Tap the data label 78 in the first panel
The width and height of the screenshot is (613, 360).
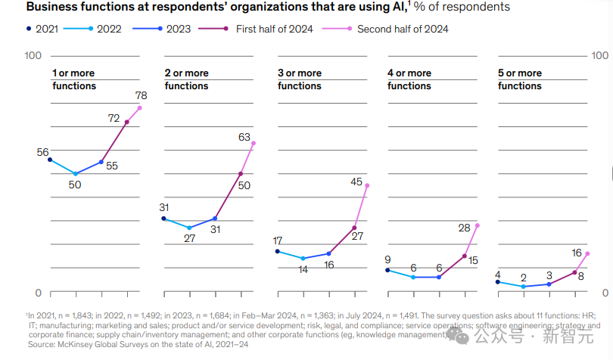pos(141,95)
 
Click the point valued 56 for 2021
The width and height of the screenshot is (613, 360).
pos(50,160)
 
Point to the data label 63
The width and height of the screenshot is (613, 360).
pos(244,138)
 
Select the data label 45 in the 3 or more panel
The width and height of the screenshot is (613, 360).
pos(357,182)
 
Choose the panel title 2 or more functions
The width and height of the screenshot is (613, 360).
pos(186,79)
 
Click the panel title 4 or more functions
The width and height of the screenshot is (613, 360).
pos(409,79)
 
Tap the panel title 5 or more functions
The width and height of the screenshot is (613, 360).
pos(520,79)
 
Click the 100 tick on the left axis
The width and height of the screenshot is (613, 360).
pos(33,56)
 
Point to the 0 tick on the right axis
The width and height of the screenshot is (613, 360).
pos(604,293)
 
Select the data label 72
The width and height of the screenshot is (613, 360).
pos(114,118)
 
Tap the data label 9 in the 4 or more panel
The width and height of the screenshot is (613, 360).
pos(387,259)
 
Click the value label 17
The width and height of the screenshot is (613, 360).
pos(278,241)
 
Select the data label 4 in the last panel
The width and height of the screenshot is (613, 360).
pos(497,275)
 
